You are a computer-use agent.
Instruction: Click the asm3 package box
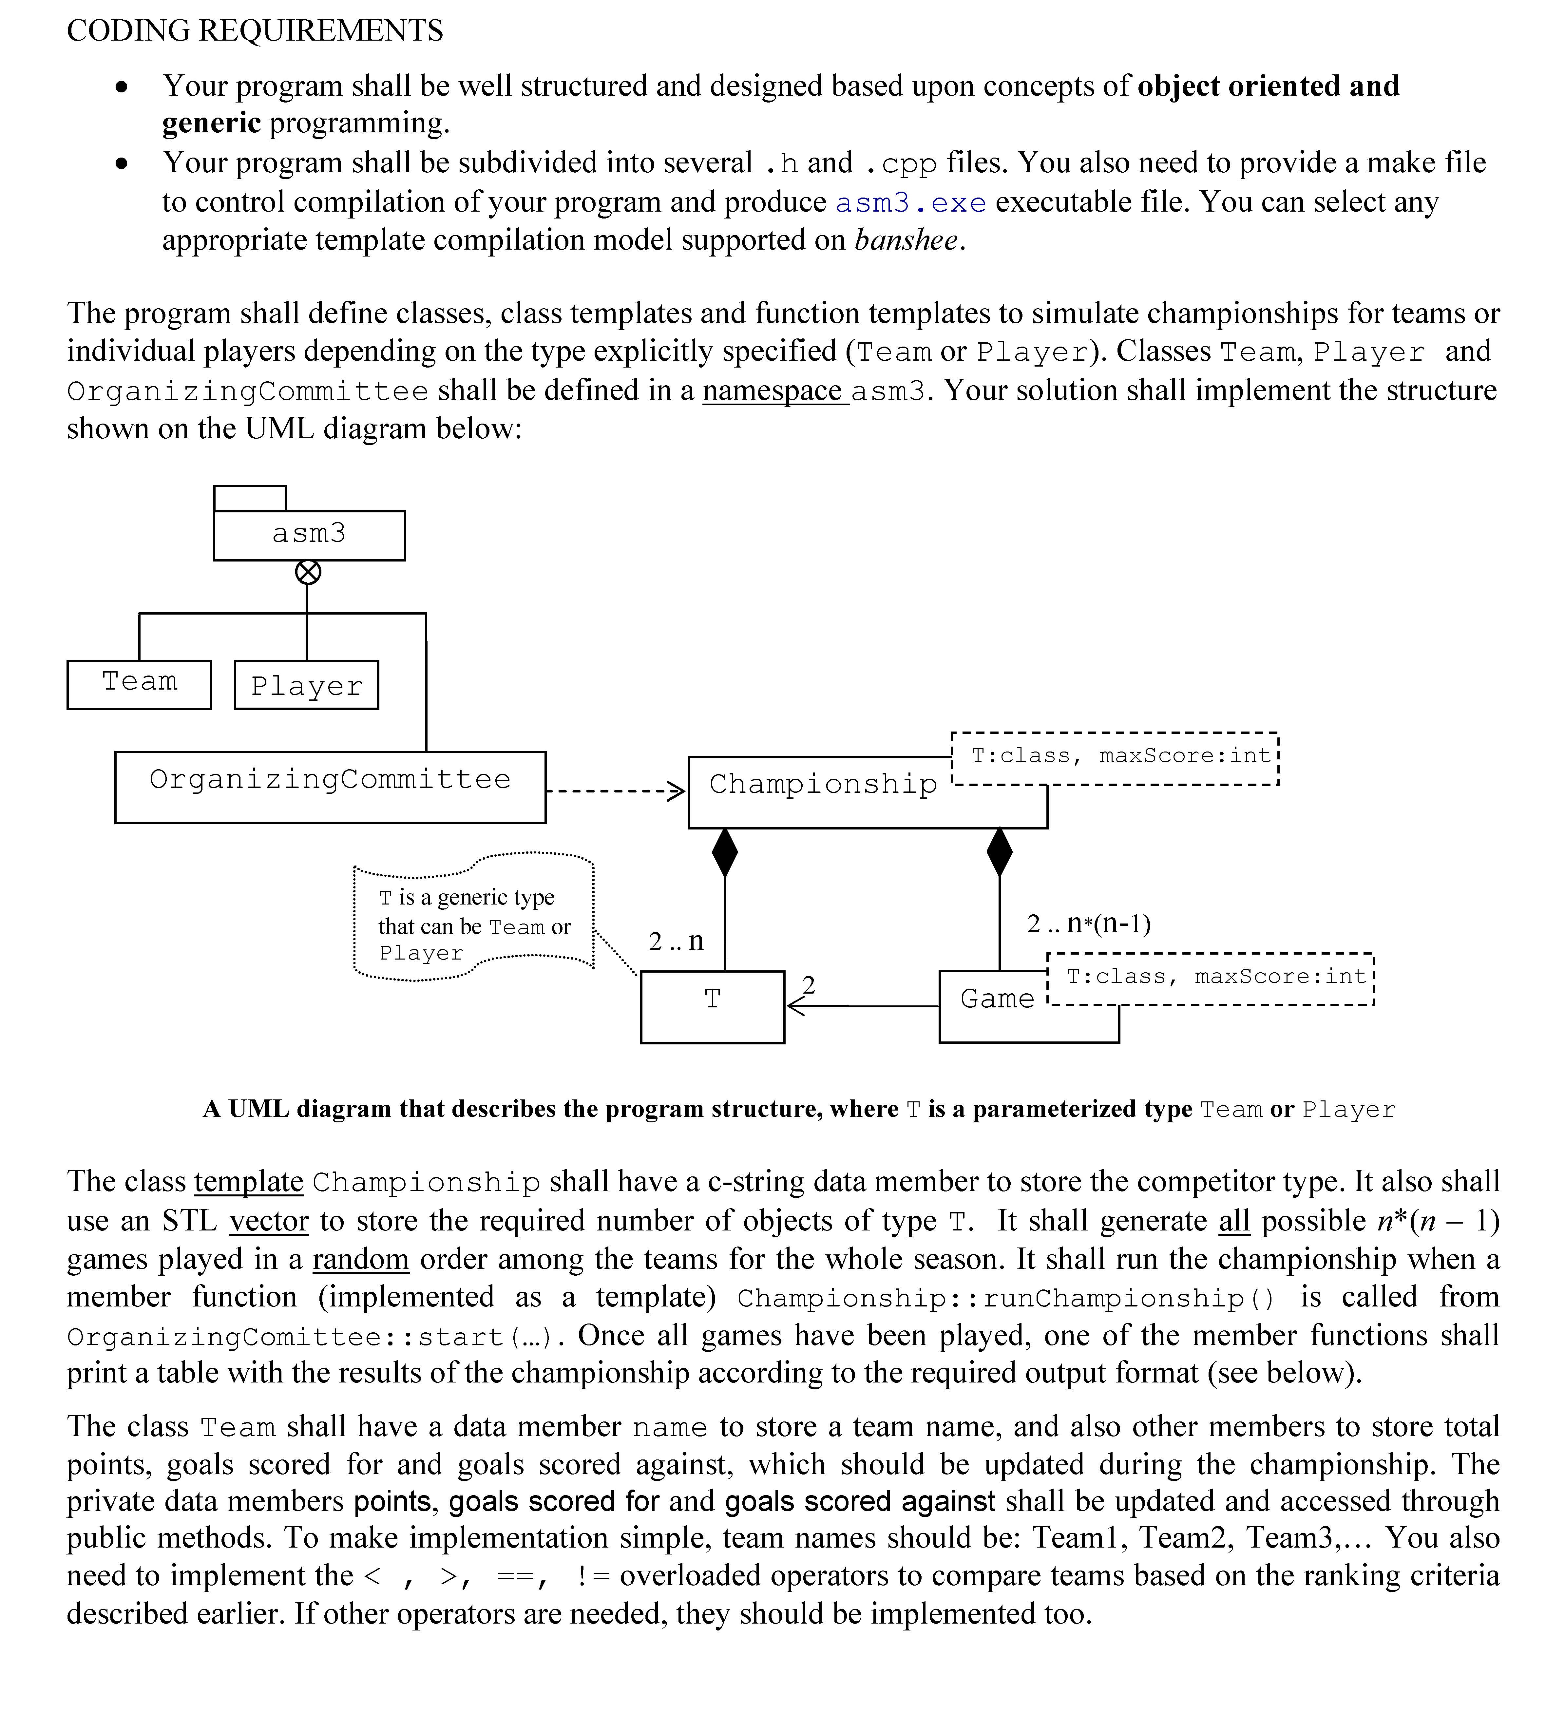309,534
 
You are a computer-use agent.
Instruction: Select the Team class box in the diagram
139,684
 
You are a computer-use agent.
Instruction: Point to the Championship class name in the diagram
822,784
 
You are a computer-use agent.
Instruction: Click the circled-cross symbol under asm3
308,572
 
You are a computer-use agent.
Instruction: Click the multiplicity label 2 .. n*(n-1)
1088,923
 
